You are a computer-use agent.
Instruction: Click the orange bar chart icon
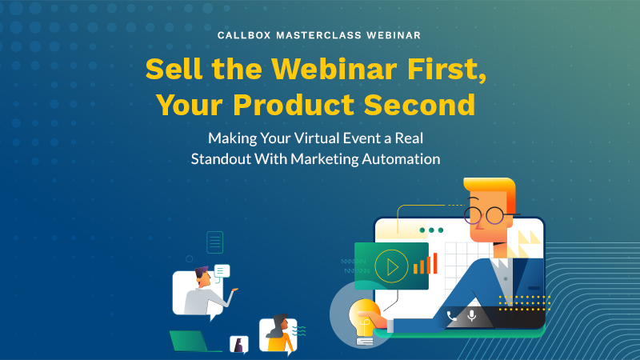pyautogui.click(x=426, y=264)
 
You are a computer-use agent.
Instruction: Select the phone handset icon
pyautogui.click(x=452, y=315)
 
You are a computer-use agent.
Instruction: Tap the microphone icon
pyautogui.click(x=472, y=315)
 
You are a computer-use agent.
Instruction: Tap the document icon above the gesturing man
pyautogui.click(x=214, y=241)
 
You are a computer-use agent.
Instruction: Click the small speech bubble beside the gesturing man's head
pyautogui.click(x=222, y=271)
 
